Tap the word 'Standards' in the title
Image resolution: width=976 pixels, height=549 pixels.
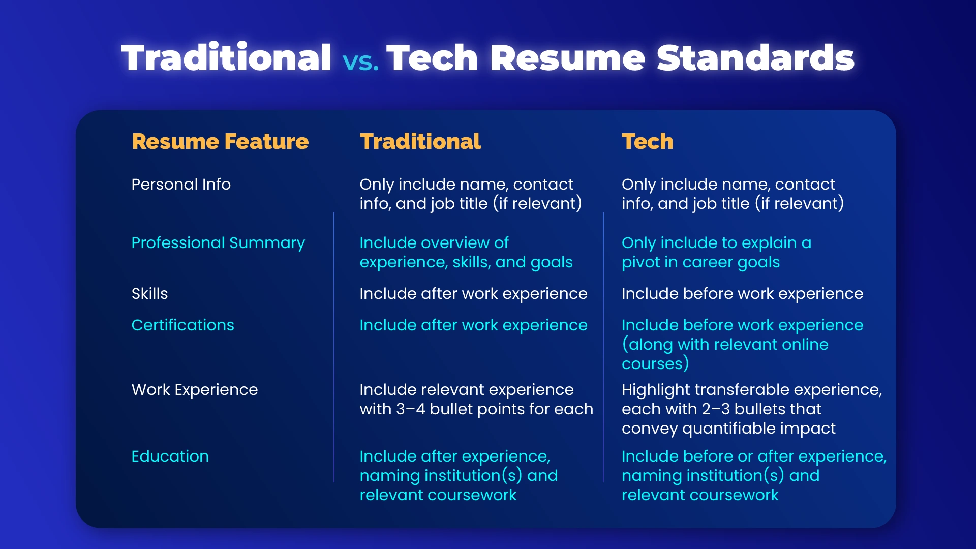tap(755, 58)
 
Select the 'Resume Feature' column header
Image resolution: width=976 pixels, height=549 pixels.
tap(220, 142)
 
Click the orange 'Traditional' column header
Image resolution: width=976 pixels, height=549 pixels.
tap(420, 142)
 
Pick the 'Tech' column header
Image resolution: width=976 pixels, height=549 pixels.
tap(647, 142)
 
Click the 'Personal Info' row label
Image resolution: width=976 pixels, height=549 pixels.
tap(180, 185)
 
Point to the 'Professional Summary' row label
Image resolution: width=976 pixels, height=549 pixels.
tap(218, 243)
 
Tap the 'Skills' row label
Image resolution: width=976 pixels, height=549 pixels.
tap(149, 294)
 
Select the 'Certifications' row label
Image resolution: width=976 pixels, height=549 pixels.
tap(182, 325)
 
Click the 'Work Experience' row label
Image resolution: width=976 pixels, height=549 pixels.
tap(194, 390)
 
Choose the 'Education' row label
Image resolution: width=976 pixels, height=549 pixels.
tap(170, 456)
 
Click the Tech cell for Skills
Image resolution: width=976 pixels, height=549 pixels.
tap(742, 294)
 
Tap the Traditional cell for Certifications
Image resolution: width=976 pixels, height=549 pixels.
tap(473, 325)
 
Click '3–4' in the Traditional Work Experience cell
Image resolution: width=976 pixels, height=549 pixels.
tap(410, 409)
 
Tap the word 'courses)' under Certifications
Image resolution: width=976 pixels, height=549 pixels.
tap(655, 364)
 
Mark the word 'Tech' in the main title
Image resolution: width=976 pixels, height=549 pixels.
tap(432, 58)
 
